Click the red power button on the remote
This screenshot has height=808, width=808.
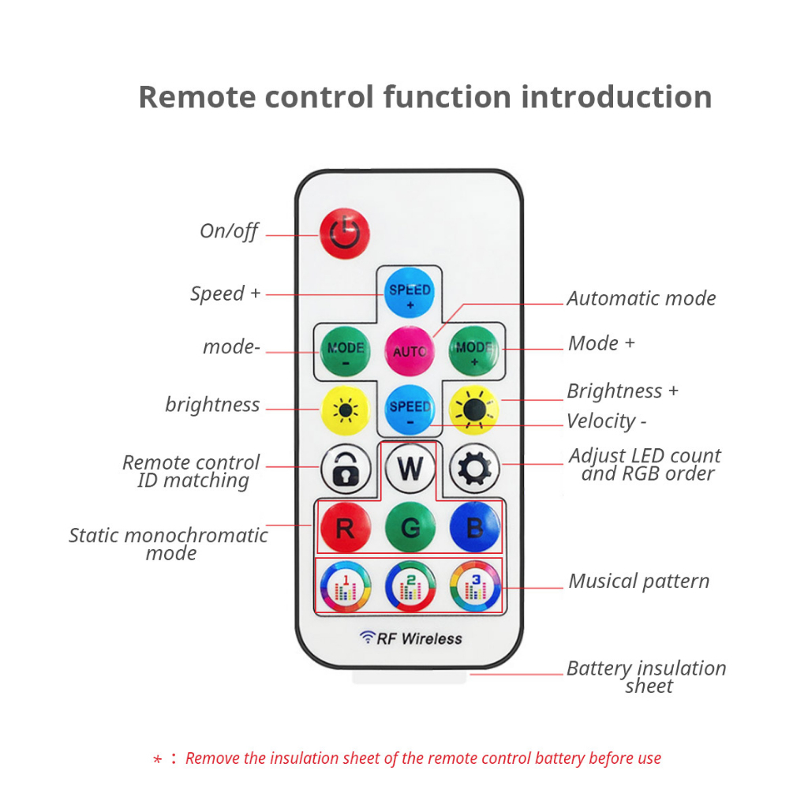click(x=344, y=233)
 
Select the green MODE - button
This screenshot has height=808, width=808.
click(x=346, y=350)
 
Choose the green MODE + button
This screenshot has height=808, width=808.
click(x=474, y=350)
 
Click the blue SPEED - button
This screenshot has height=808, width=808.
click(x=410, y=410)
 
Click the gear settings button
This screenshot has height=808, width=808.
click(x=474, y=469)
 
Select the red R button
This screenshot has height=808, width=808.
click(x=346, y=527)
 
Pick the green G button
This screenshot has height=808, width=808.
click(x=410, y=527)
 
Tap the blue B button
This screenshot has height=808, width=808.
click(x=474, y=527)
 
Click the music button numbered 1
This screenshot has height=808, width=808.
click(x=346, y=586)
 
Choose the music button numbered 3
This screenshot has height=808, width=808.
click(x=474, y=586)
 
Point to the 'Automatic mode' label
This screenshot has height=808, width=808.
click(x=641, y=298)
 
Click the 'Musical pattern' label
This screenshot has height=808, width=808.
click(x=638, y=582)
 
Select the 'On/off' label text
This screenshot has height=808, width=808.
click(x=229, y=231)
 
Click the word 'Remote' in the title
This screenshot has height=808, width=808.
click(x=196, y=97)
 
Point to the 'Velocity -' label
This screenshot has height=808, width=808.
click(x=606, y=421)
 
